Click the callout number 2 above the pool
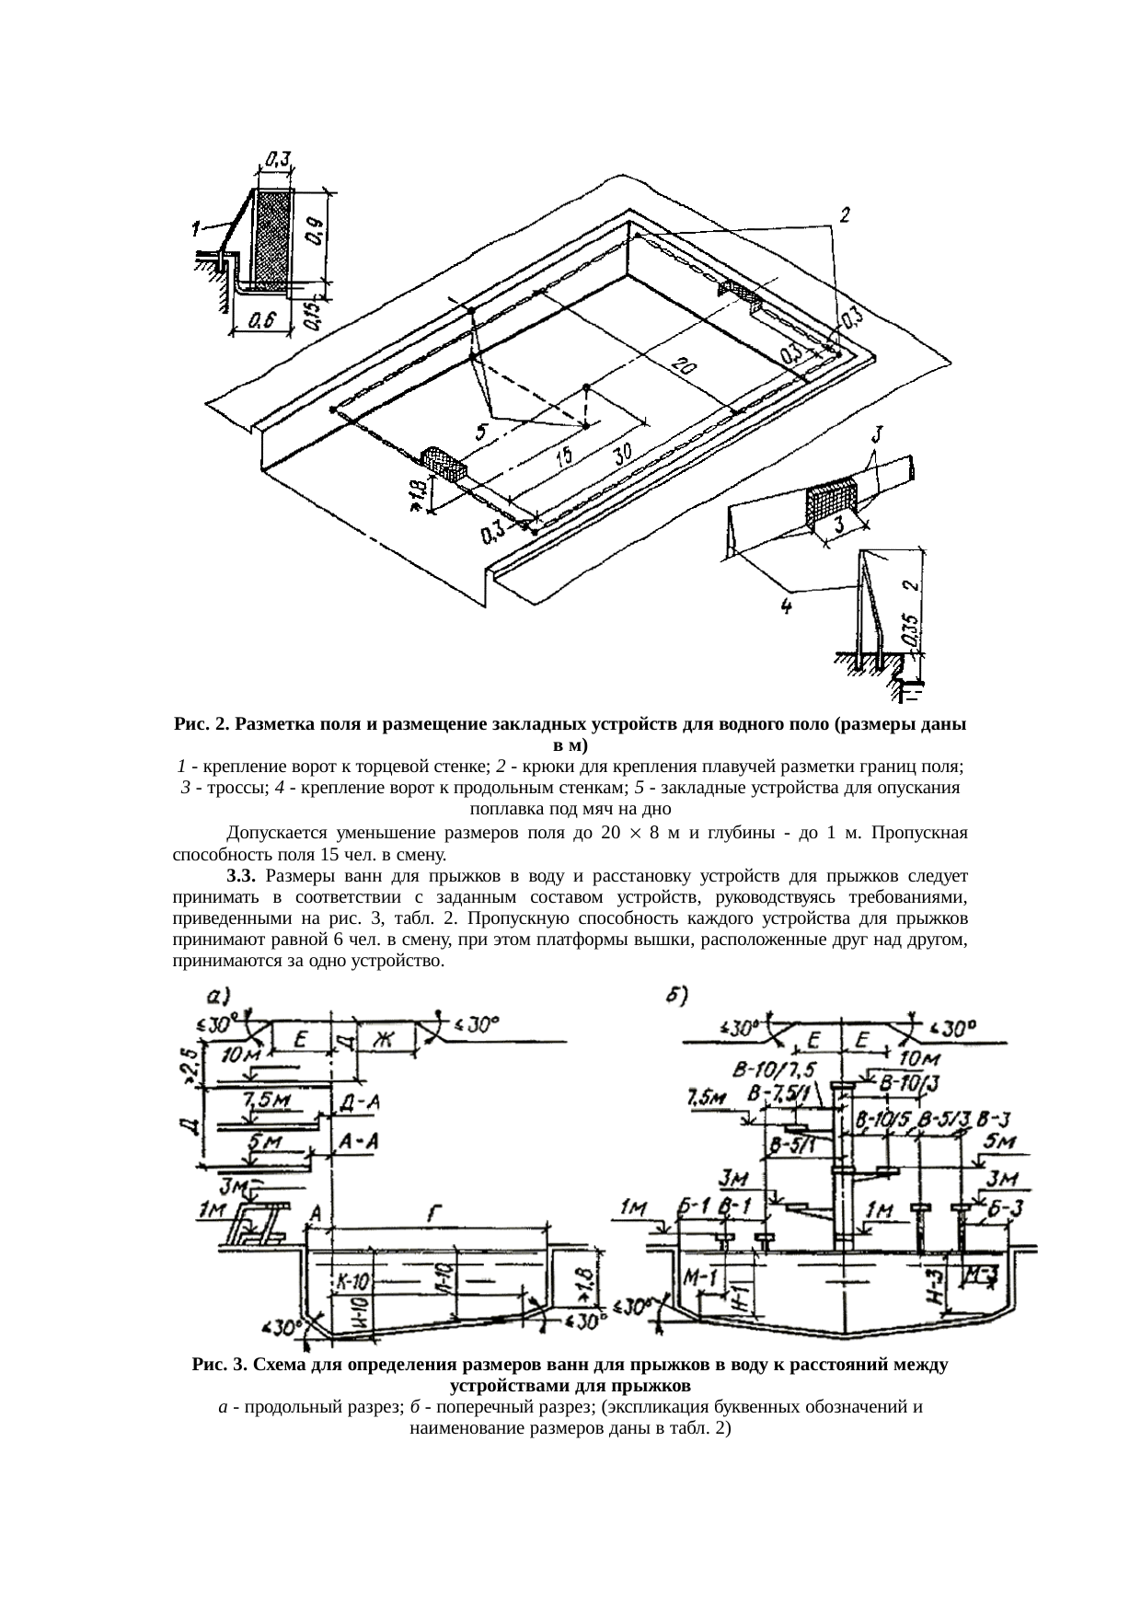point(843,214)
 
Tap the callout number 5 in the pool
point(480,431)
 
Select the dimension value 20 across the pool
point(684,364)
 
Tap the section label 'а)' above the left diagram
point(218,995)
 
